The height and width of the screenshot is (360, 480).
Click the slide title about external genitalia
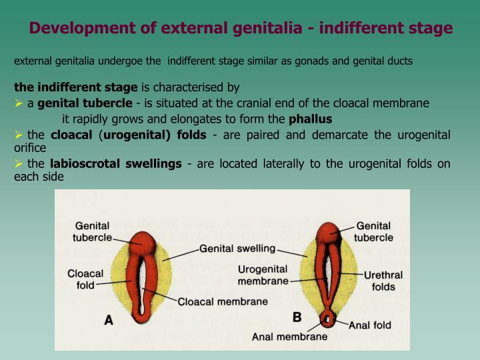(x=241, y=28)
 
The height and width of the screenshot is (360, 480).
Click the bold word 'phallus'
(x=310, y=119)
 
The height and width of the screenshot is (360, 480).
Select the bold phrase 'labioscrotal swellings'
(x=115, y=164)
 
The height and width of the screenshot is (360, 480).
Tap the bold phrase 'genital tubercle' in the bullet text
(x=85, y=103)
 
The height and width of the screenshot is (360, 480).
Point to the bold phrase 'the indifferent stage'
(x=76, y=87)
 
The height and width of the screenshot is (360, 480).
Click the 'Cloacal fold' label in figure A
(x=85, y=279)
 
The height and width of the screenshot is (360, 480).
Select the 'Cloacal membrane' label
(x=223, y=301)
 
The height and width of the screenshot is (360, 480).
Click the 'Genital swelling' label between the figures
(x=237, y=249)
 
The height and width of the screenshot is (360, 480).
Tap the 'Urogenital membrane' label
(x=263, y=275)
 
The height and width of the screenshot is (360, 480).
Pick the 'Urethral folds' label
(x=383, y=281)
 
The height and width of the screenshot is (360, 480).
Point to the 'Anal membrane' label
(x=289, y=337)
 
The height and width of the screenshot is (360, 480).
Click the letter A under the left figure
(x=109, y=320)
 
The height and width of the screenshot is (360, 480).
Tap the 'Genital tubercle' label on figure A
(x=91, y=231)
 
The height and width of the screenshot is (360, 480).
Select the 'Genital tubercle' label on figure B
(x=373, y=232)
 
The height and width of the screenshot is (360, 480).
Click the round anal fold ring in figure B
(x=327, y=319)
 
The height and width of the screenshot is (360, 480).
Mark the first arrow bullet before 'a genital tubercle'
(x=19, y=103)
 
